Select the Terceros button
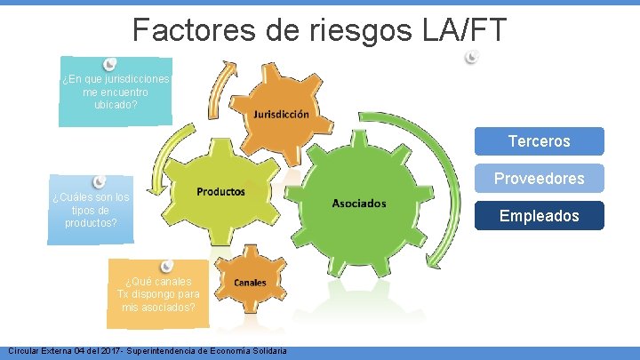pyautogui.click(x=539, y=141)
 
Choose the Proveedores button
pyautogui.click(x=539, y=179)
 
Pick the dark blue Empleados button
pyautogui.click(x=539, y=216)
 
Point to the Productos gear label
pyautogui.click(x=220, y=191)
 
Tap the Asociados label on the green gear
pyautogui.click(x=358, y=204)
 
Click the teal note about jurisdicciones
pyautogui.click(x=115, y=93)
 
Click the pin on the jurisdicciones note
pyautogui.click(x=109, y=63)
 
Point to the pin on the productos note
pyautogui.click(x=100, y=182)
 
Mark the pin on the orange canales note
pyautogui.click(x=166, y=266)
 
